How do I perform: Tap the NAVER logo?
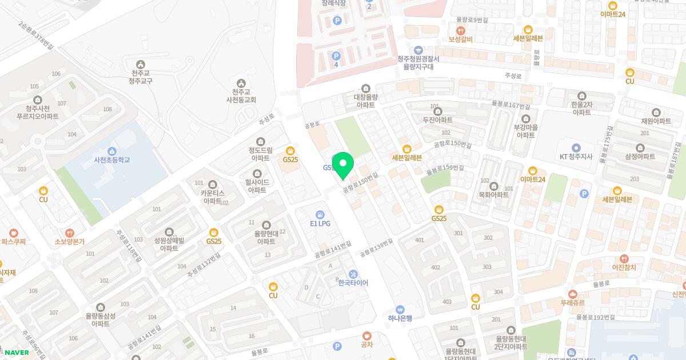(x=17, y=352)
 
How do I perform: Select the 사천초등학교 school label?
(x=112, y=160)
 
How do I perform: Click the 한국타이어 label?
(x=353, y=283)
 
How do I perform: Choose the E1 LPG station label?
(x=320, y=223)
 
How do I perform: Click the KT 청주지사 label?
(x=576, y=157)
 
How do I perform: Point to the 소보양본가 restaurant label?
(x=69, y=242)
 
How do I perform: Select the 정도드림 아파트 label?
(x=261, y=154)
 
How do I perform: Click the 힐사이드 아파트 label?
(x=257, y=186)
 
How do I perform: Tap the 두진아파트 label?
(x=437, y=120)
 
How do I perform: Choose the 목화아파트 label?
(x=493, y=195)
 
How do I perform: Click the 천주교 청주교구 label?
(x=141, y=77)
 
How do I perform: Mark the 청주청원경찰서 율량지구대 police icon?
(x=418, y=50)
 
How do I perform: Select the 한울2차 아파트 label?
(x=581, y=108)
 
